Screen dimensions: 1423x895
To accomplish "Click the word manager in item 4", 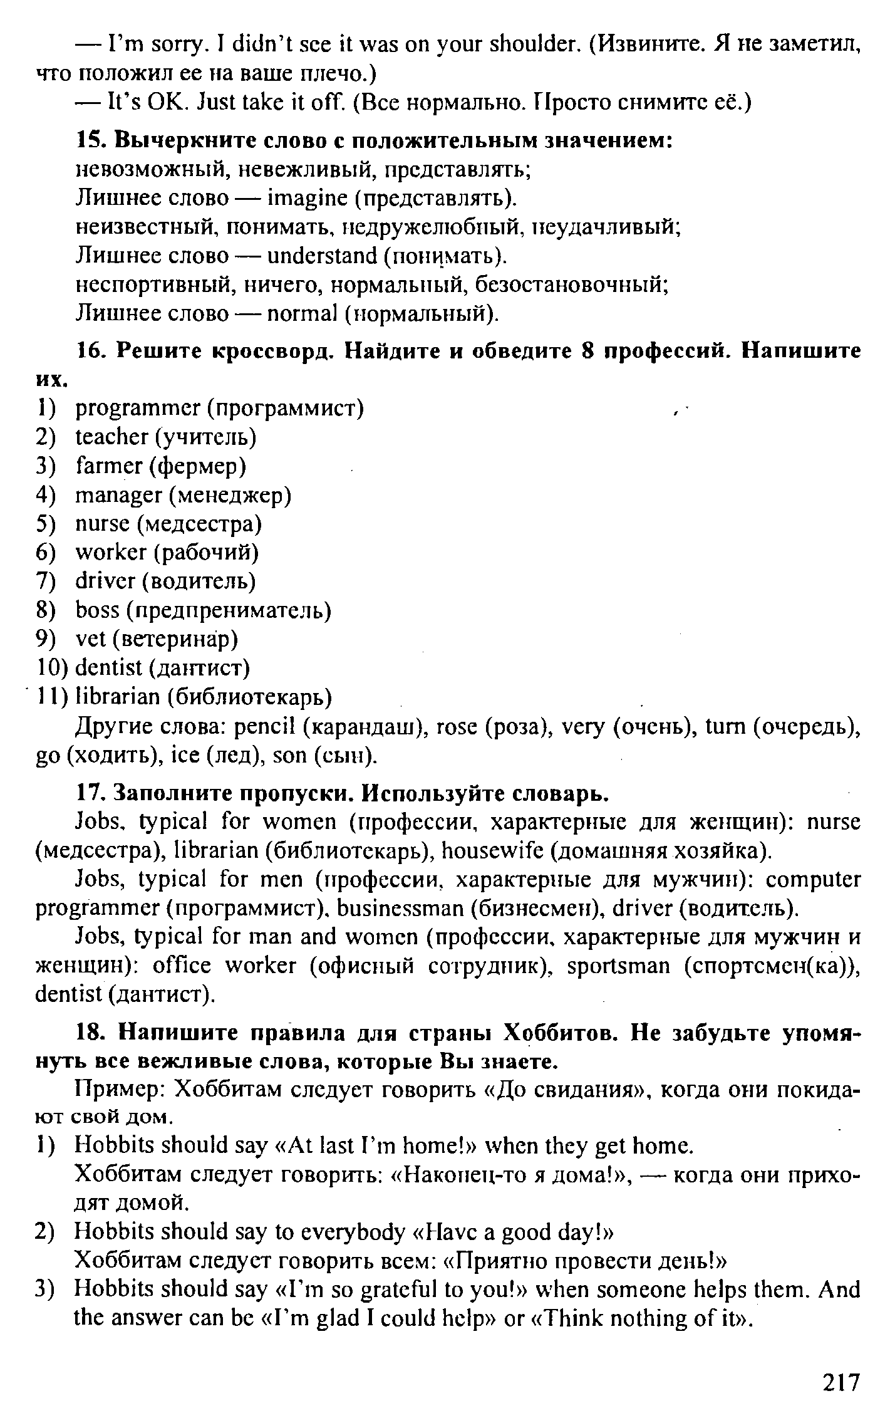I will click(x=118, y=495).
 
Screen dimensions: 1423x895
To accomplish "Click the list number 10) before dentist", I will click(x=51, y=667).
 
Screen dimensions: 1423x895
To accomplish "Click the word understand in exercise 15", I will click(x=321, y=256).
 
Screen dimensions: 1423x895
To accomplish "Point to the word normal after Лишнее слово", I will click(x=302, y=313).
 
